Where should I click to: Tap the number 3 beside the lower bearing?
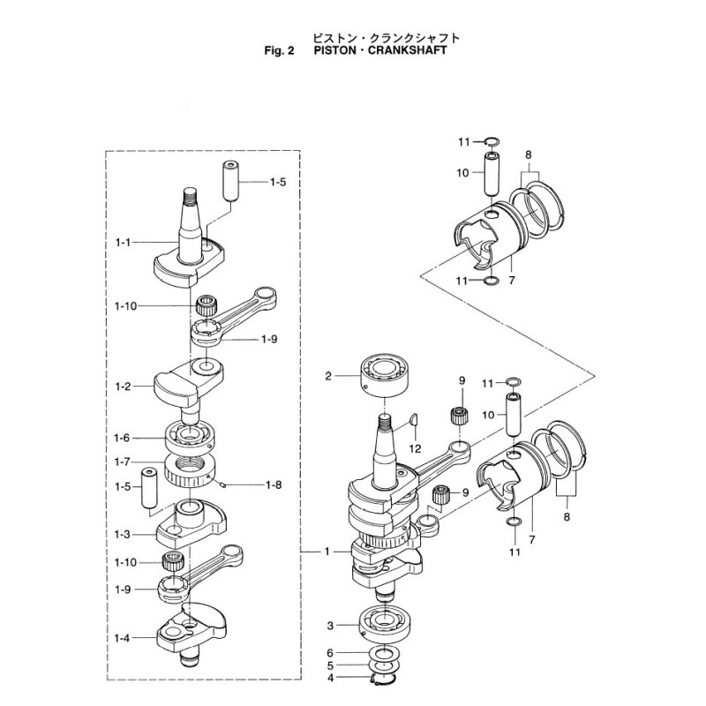click(331, 626)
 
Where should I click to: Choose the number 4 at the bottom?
click(331, 679)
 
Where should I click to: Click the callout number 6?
click(331, 652)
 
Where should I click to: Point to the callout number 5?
click(331, 665)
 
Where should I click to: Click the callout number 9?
click(460, 380)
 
